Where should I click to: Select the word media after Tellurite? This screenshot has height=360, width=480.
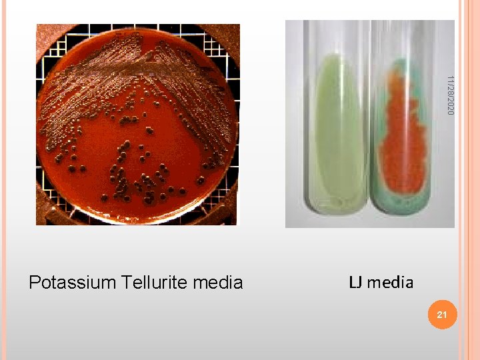pyautogui.click(x=217, y=283)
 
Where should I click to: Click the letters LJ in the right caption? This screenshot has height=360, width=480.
pyautogui.click(x=355, y=282)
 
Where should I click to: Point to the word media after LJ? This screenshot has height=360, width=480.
pyautogui.click(x=390, y=282)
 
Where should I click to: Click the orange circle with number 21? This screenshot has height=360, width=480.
pyautogui.click(x=441, y=314)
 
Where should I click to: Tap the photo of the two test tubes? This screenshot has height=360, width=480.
pyautogui.click(x=370, y=124)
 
